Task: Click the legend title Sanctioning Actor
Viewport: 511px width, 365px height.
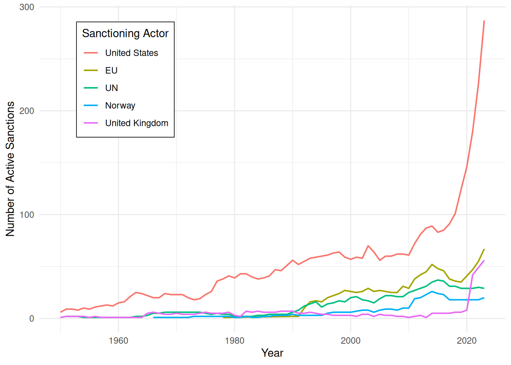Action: tap(125, 33)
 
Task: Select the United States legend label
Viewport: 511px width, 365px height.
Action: tap(132, 53)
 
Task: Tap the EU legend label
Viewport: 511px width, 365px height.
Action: tap(111, 70)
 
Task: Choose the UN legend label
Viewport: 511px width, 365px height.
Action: tap(111, 88)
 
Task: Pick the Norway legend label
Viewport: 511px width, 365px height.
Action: tap(120, 106)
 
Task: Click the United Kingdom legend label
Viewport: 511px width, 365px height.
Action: tap(136, 123)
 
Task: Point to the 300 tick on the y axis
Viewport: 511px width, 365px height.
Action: tap(27, 7)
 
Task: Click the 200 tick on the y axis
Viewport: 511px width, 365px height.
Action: tap(27, 111)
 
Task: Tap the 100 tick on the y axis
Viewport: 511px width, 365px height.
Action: tap(27, 215)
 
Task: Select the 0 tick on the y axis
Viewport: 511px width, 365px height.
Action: tap(32, 319)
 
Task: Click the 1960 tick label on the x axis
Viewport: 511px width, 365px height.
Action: tap(118, 341)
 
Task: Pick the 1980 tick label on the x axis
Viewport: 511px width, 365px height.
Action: tap(235, 341)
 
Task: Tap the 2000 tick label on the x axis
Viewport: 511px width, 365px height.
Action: tap(351, 341)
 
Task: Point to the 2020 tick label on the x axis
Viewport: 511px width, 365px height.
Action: tap(467, 341)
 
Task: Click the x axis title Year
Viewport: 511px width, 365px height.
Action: tap(272, 353)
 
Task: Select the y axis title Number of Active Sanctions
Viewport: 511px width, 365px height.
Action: tap(10, 169)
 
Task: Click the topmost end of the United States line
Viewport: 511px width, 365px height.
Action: tap(484, 21)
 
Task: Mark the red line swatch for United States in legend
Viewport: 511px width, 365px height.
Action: tap(91, 53)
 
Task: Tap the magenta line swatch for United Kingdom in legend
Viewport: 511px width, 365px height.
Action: tap(91, 123)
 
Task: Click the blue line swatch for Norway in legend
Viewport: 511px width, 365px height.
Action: tap(91, 105)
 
